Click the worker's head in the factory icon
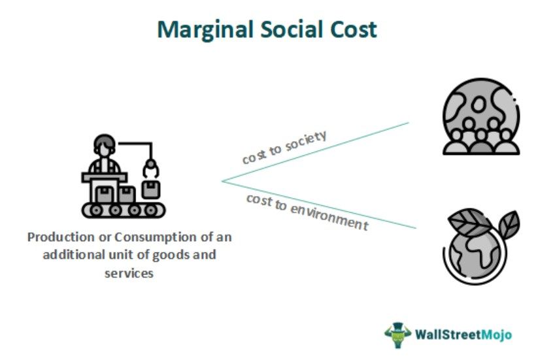click(103, 145)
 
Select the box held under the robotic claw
click(151, 189)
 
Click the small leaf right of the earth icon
click(508, 223)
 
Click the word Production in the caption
click(57, 237)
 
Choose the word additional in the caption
click(73, 255)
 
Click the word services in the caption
click(129, 273)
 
